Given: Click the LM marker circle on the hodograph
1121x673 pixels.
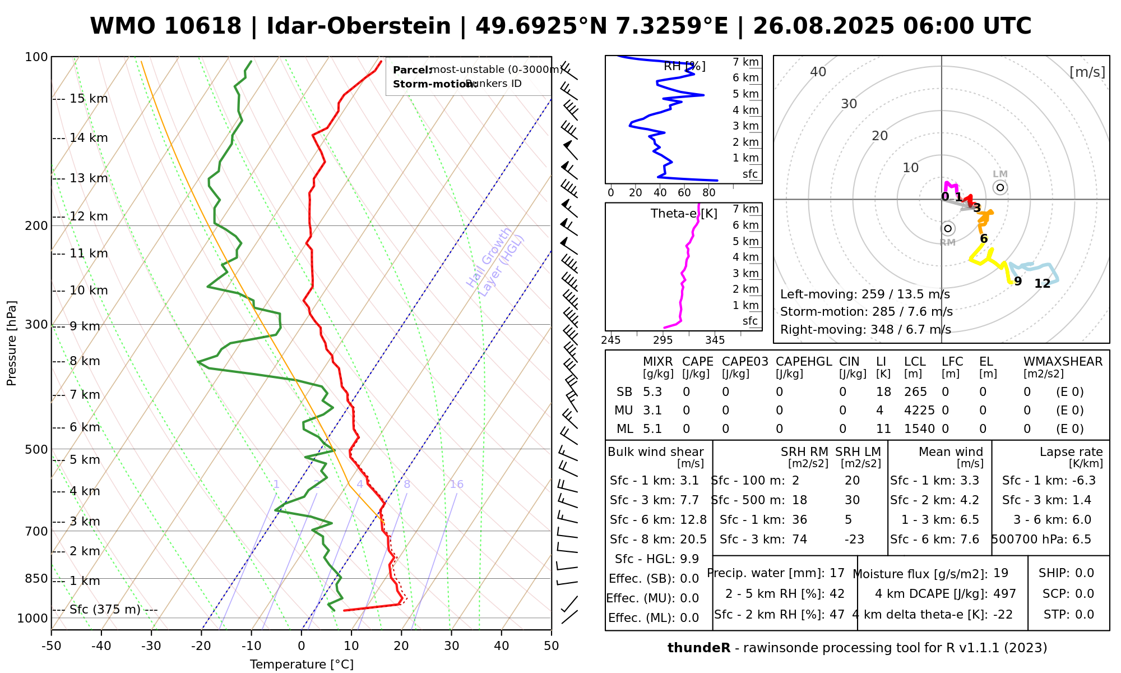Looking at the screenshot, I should pos(1000,187).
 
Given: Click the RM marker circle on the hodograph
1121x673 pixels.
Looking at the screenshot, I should pos(948,228).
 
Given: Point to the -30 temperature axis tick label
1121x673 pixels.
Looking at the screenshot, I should pos(151,646).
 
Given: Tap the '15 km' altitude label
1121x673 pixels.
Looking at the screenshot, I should pos(89,99).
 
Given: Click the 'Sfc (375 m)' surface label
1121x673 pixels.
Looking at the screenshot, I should pos(105,610).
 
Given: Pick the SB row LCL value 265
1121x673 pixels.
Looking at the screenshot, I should pos(915,392).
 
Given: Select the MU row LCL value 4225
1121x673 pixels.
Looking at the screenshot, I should pos(919,411).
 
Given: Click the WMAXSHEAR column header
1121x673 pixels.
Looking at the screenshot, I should pos(1063,362).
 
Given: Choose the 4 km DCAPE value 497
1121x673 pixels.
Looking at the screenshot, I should pos(1004,593).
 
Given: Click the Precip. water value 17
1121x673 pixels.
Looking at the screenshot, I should pos(837,573).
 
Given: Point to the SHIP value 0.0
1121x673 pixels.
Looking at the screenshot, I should pos(1085,573).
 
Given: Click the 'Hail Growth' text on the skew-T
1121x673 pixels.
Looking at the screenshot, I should pos(489,257).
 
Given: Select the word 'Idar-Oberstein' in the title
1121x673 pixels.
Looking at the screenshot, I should pos(358,26).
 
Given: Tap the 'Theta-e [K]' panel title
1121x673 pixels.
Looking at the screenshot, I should pos(684,214).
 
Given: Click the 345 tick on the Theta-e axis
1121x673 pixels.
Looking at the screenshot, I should pos(715,340).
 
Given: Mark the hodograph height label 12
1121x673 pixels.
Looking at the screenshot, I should pos(1042,284).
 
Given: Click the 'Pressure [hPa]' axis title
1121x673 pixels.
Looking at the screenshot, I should pos(12,343).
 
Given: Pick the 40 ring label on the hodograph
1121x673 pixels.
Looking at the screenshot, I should pos(818,72).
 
